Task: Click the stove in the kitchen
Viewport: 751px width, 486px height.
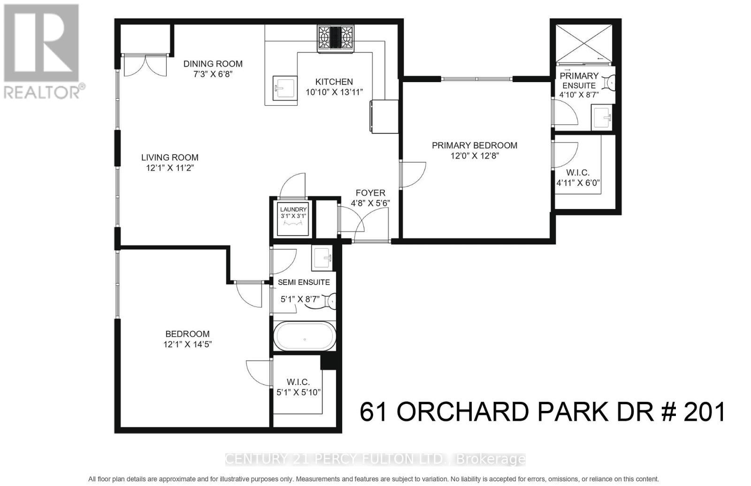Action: tap(336, 38)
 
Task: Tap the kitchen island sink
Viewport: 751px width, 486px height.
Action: tap(284, 87)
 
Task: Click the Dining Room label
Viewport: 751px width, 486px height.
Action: tap(213, 64)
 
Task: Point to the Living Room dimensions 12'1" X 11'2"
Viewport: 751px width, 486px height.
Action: tap(170, 168)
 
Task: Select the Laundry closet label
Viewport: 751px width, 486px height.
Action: tap(293, 209)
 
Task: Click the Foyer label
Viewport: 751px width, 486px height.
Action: tap(370, 193)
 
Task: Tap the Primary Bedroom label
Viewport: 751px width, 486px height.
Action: tap(475, 146)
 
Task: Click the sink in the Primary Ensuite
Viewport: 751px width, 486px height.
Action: tap(601, 117)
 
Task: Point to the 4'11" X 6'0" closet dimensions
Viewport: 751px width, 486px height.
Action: tap(578, 183)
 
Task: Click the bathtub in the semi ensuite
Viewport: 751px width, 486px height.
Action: tap(305, 336)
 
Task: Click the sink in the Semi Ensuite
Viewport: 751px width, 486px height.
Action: tap(322, 258)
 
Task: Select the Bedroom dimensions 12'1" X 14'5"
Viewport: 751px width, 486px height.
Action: tap(187, 344)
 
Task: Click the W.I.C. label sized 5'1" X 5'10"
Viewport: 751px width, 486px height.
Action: tap(299, 383)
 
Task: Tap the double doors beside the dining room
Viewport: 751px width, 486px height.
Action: tap(145, 65)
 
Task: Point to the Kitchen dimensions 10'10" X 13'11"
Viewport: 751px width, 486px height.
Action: tap(334, 93)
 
